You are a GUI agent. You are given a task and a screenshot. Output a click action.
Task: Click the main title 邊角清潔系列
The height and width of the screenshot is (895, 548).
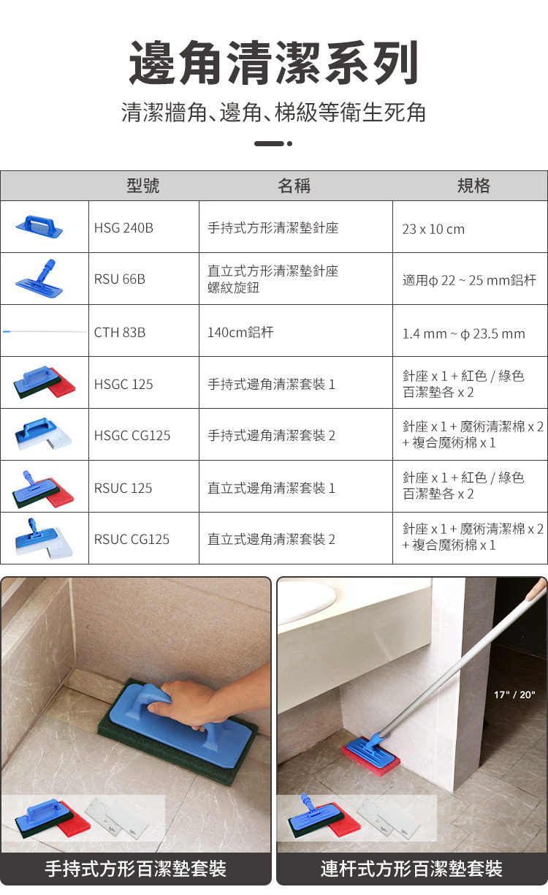click(274, 63)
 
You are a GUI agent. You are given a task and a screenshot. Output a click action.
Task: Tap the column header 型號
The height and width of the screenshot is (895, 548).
click(143, 186)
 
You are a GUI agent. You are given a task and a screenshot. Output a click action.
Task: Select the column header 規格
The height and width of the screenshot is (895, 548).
click(473, 186)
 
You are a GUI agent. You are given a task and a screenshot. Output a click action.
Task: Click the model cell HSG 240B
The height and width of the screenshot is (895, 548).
click(123, 227)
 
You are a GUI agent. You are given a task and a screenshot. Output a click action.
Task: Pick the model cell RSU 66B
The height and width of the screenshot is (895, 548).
click(120, 279)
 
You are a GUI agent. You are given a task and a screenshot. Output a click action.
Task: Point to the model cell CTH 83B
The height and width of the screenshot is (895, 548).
click(120, 333)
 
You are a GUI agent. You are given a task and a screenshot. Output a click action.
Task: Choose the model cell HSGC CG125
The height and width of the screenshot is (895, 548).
click(132, 436)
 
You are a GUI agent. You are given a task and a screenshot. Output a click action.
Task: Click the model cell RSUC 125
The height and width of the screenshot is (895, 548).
click(123, 488)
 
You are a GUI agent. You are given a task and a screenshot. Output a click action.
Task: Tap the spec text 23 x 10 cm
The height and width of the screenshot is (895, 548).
click(433, 230)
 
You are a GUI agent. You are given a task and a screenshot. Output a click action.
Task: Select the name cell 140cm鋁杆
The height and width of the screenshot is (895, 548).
click(240, 332)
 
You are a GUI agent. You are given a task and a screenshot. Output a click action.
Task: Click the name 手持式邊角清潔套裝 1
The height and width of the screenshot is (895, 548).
click(271, 385)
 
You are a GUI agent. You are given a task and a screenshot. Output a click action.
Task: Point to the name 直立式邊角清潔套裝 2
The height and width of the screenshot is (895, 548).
click(271, 540)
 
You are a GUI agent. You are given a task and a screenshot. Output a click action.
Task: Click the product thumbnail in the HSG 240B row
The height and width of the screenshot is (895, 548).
click(39, 227)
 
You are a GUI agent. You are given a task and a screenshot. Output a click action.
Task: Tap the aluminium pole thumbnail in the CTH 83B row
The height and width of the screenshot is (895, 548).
click(45, 332)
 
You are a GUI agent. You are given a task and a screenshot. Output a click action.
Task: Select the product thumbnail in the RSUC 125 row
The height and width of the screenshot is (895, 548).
click(44, 489)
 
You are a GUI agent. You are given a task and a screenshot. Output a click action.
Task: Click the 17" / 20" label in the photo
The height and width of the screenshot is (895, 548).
click(514, 695)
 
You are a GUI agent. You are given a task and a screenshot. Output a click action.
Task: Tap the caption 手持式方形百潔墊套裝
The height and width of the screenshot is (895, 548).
click(136, 869)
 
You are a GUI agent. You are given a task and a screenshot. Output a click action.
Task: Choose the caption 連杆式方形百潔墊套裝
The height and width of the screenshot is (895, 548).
click(411, 869)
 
